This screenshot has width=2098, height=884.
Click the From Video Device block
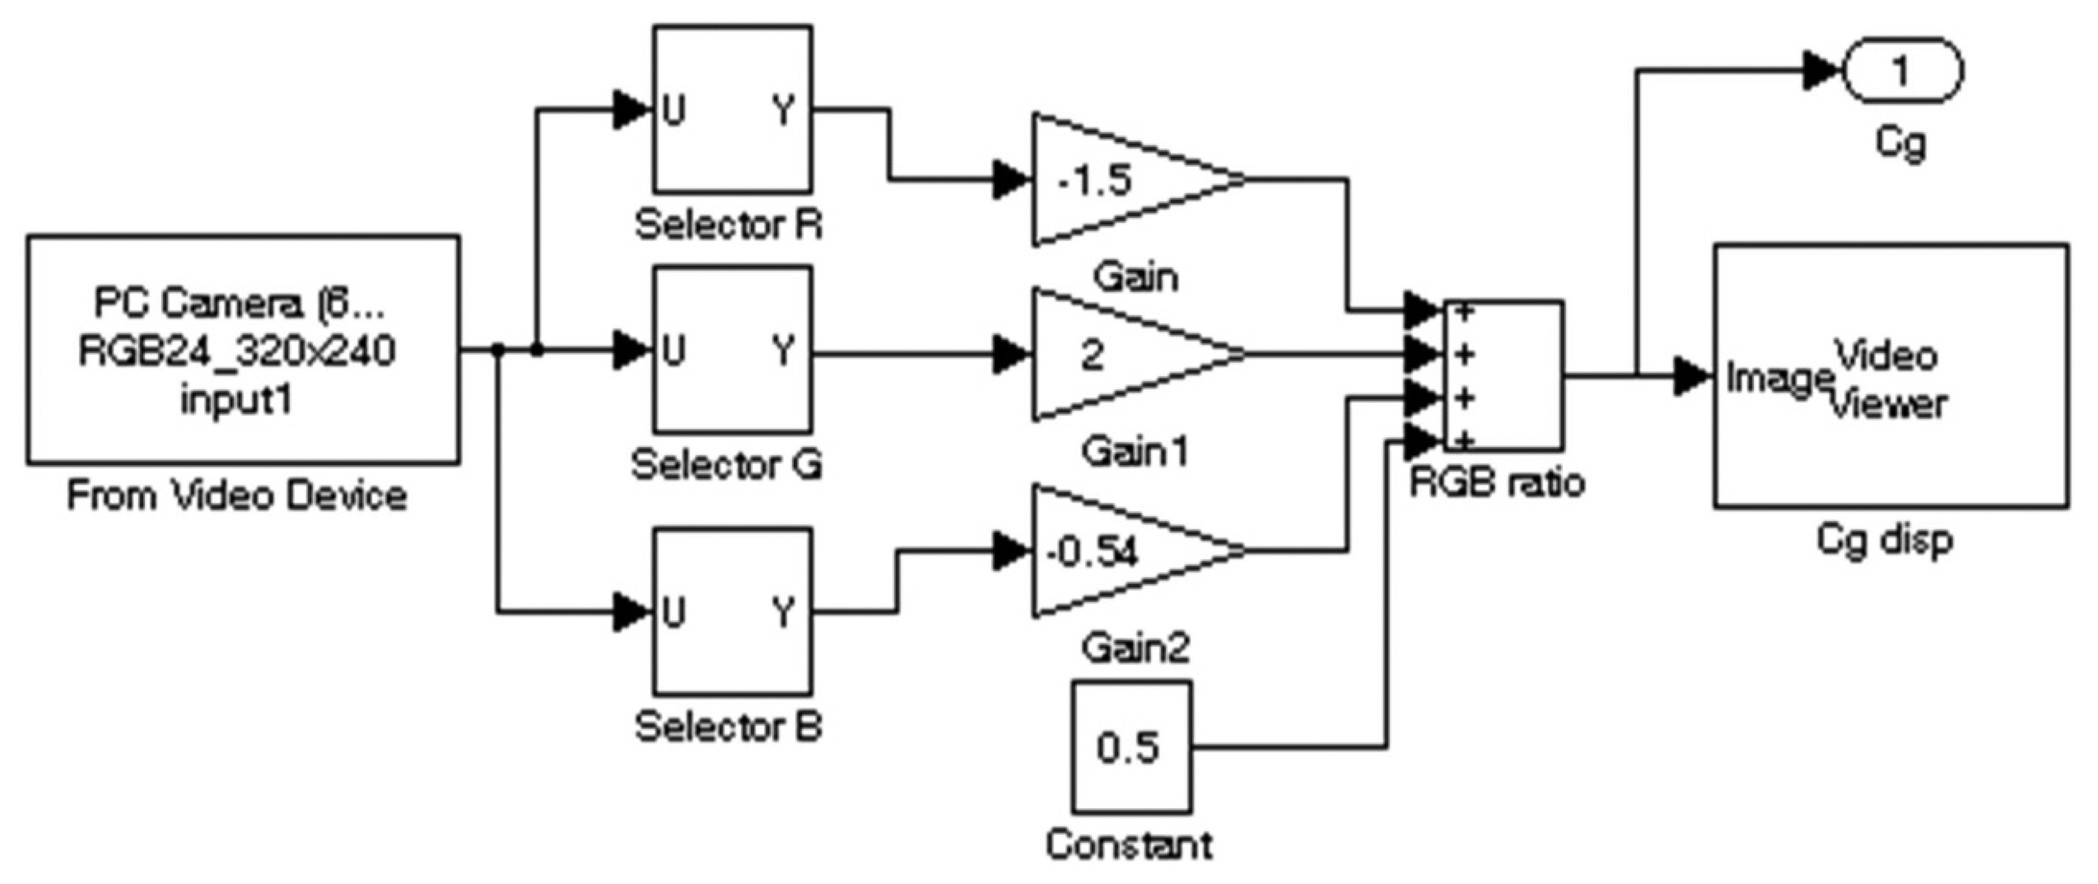coord(243,350)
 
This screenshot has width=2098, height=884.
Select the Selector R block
coord(731,110)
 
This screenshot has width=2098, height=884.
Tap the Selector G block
coord(731,350)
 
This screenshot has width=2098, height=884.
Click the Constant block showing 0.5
coord(1131,747)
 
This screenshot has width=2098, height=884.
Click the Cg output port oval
coord(1901,72)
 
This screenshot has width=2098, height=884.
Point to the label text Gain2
coord(1136,648)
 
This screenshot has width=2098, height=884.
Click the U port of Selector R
coord(673,110)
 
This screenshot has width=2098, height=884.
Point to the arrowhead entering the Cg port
coord(1820,72)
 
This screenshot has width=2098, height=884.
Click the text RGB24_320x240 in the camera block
coord(236,351)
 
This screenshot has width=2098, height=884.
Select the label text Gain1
coord(1136,451)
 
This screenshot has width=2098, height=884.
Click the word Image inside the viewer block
coord(1777,379)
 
